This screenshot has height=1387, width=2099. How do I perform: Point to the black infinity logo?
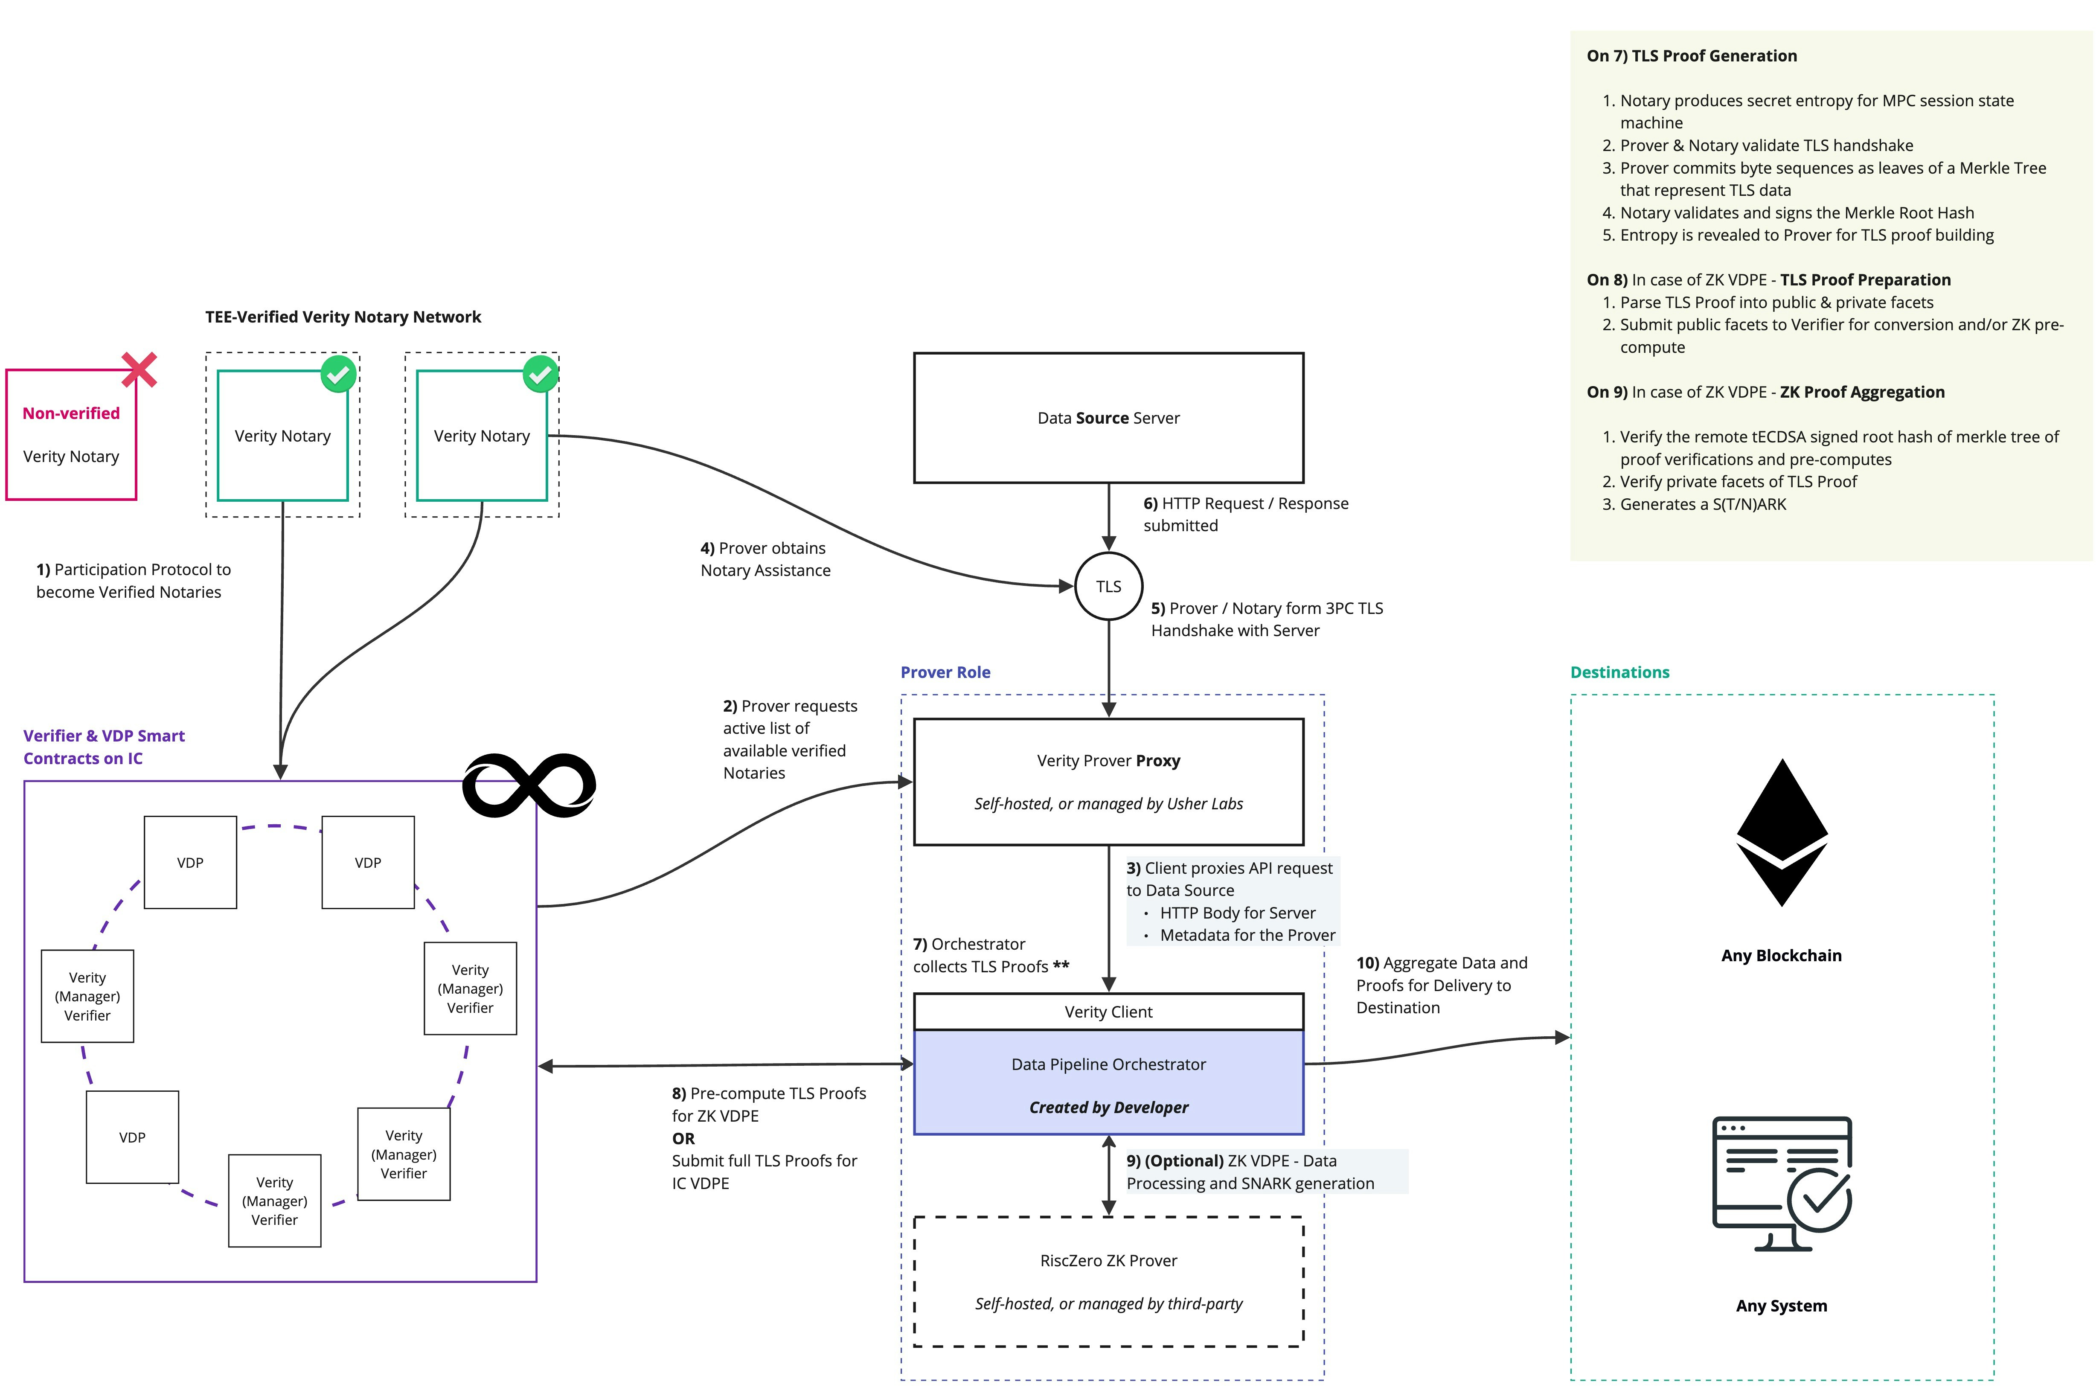529,785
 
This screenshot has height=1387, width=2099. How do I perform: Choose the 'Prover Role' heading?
945,672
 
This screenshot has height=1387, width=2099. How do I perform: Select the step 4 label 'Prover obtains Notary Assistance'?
765,559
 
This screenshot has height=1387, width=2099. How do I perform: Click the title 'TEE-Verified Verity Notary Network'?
343,317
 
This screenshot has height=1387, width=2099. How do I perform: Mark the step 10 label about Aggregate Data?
1441,985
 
